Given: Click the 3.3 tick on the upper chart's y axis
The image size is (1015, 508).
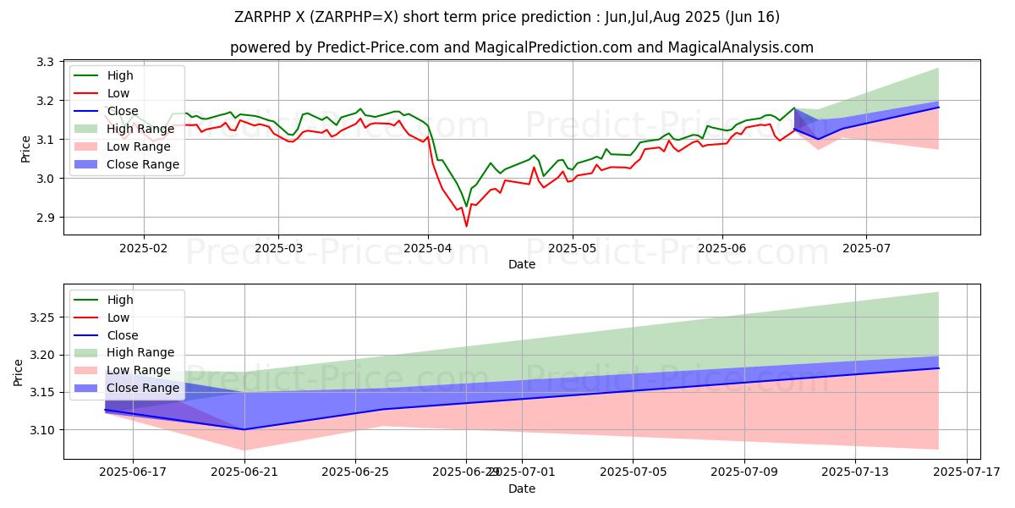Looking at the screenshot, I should pos(44,62).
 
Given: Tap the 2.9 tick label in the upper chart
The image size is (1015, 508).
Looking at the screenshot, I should pos(44,218).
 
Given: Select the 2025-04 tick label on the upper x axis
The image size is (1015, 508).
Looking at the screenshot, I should pos(427,249).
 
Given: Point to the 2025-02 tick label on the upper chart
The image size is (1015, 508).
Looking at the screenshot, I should pos(143,249).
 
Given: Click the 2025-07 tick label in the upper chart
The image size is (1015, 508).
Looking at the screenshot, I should pos(865,249).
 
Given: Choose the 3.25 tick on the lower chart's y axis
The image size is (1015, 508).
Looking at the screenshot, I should pos(39,317).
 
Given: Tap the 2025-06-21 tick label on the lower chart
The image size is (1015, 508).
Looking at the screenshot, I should pos(244,472).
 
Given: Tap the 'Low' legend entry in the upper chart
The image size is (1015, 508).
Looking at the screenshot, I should pos(119,93).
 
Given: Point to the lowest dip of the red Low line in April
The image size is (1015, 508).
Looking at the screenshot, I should pos(466,226).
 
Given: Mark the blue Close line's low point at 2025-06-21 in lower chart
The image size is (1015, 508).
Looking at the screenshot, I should pos(244,429).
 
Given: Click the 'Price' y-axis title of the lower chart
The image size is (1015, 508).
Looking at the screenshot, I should pos(19,373).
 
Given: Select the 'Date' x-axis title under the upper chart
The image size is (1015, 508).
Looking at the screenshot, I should pos(521,264).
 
